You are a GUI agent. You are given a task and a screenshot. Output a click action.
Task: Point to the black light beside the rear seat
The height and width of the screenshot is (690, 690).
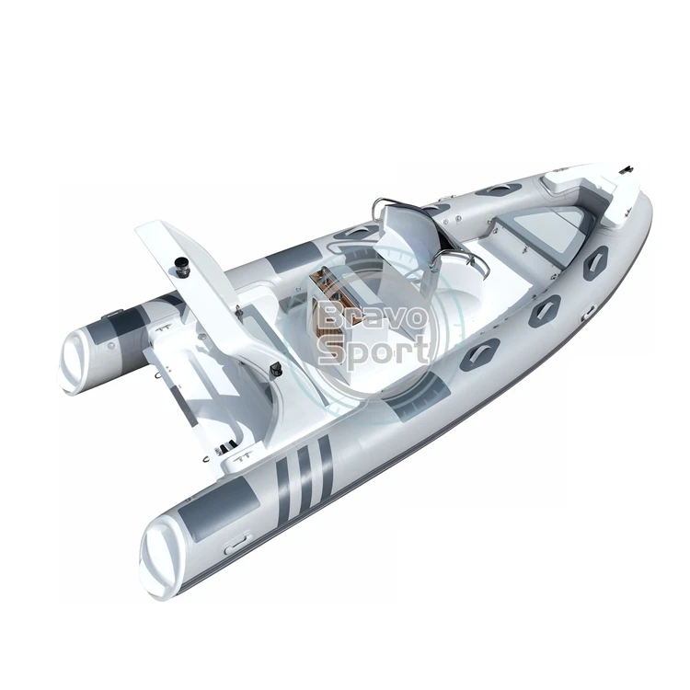[x=275, y=368]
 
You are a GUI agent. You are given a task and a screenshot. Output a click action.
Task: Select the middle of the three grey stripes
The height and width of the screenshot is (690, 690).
[x=304, y=472]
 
